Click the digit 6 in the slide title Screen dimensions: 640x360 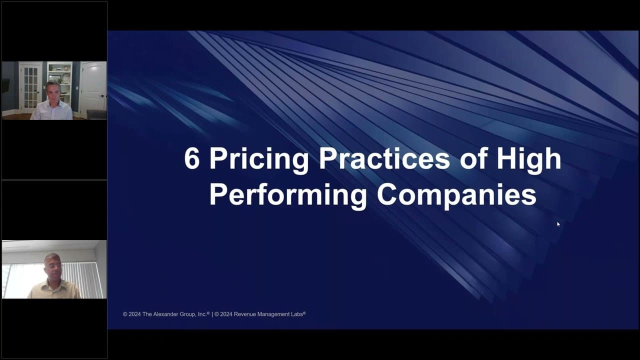[191, 158]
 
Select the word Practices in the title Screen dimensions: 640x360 [384, 158]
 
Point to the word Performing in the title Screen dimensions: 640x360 [288, 196]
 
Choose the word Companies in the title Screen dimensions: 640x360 [456, 196]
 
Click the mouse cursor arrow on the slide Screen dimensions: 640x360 [558, 224]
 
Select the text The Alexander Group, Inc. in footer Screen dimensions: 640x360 [175, 314]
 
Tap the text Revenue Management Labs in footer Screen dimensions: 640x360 [268, 314]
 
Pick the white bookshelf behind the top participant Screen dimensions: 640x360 [59, 83]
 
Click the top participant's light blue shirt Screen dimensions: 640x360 [51, 111]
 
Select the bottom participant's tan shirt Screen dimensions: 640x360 [53, 289]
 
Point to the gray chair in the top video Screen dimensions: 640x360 [96, 115]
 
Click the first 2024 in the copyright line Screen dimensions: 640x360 [134, 314]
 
